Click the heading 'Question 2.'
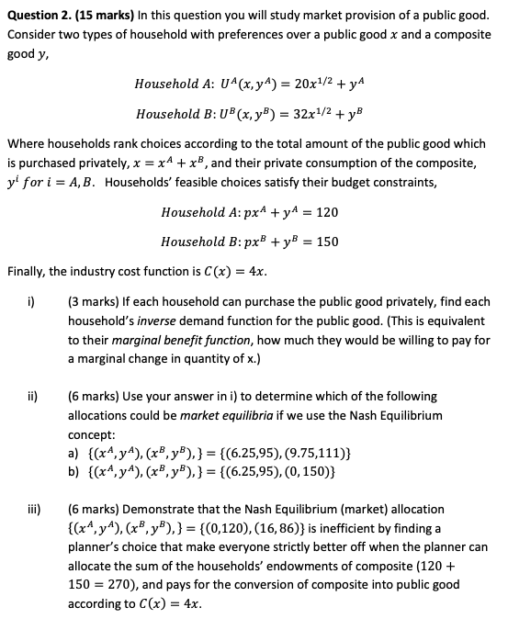tap(41, 15)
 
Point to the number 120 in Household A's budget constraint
tap(326, 212)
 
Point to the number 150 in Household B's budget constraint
tap(326, 242)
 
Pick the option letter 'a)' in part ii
tap(74, 454)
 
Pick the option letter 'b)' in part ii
tap(74, 473)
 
